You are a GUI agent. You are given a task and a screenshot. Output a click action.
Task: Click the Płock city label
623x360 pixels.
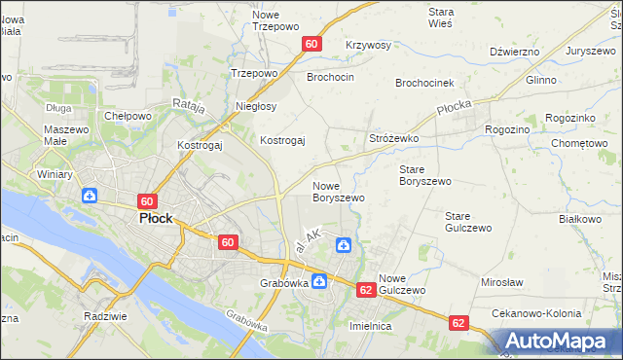[156, 219]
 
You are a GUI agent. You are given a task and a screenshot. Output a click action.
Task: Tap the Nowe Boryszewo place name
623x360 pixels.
[338, 192]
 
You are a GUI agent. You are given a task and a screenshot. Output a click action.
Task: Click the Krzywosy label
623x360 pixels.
[368, 46]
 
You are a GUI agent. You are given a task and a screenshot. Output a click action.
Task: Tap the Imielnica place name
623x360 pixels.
[370, 327]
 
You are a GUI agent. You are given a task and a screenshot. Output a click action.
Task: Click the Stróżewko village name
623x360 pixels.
[393, 139]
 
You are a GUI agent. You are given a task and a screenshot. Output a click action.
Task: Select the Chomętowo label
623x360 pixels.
[579, 143]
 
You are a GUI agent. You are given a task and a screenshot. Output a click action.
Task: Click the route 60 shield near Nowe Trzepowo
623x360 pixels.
[311, 44]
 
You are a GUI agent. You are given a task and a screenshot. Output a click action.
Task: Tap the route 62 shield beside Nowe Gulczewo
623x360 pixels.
[366, 290]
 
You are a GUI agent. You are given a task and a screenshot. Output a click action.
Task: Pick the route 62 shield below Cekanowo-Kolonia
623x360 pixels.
[458, 322]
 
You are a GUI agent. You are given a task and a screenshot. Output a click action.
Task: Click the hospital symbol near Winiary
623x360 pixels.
[89, 196]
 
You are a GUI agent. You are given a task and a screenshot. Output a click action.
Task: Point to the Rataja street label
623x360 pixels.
[188, 105]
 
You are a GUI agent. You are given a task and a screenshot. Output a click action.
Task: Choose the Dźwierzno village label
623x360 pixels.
[515, 51]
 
